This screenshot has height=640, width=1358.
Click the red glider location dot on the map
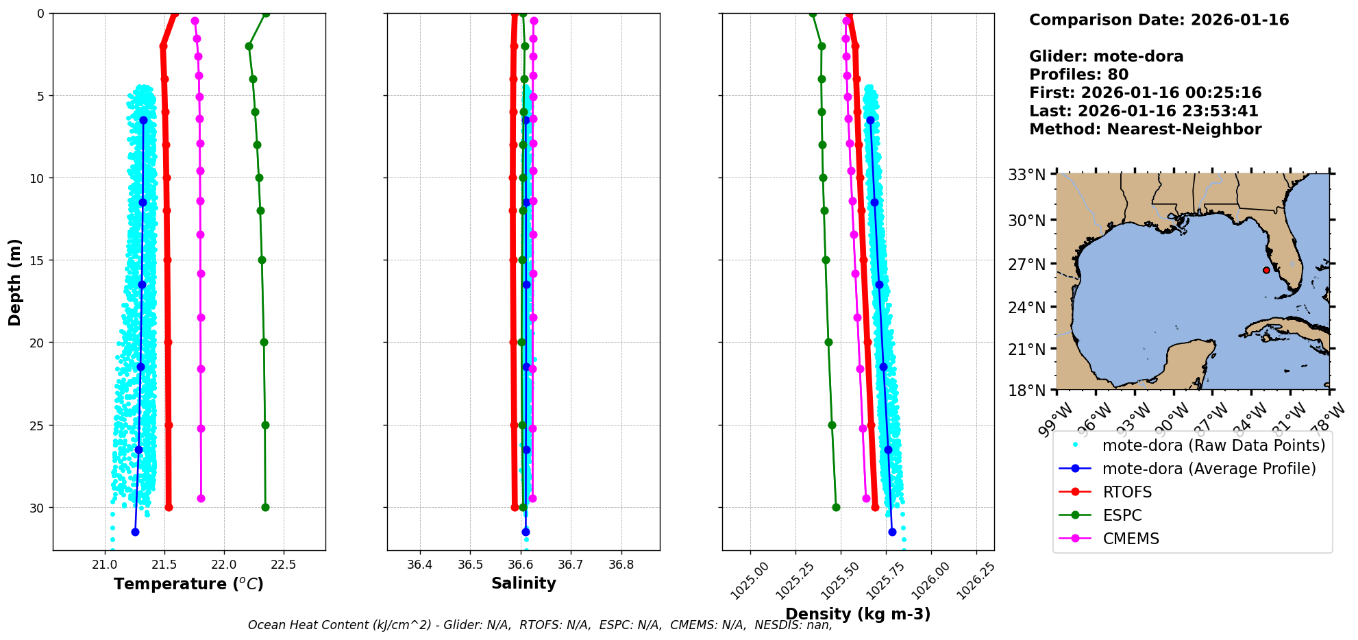pyautogui.click(x=1266, y=270)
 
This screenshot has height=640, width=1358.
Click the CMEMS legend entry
pyautogui.click(x=1131, y=539)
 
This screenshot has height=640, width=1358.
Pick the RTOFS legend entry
pyautogui.click(x=1127, y=492)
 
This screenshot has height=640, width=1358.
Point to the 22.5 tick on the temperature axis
pyautogui.click(x=283, y=565)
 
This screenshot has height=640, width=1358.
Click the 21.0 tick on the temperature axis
pyautogui.click(x=105, y=565)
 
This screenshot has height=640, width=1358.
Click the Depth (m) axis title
pyautogui.click(x=15, y=282)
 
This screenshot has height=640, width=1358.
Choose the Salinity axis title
pyautogui.click(x=523, y=583)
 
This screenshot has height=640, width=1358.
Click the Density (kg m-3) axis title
pyautogui.click(x=858, y=614)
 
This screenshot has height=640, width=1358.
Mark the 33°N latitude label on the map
pyautogui.click(x=1026, y=175)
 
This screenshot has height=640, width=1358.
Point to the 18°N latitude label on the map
pyautogui.click(x=1026, y=391)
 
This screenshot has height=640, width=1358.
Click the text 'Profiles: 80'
pyautogui.click(x=1078, y=75)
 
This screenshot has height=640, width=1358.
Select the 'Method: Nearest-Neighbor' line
pyautogui.click(x=1145, y=130)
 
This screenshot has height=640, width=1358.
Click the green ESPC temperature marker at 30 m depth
pyautogui.click(x=265, y=508)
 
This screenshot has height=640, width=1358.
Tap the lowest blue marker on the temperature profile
pyautogui.click(x=135, y=532)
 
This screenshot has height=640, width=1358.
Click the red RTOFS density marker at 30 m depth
pyautogui.click(x=875, y=508)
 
